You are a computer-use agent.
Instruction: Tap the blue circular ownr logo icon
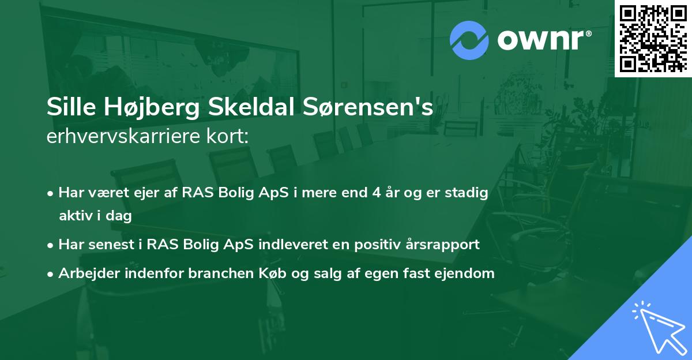469,40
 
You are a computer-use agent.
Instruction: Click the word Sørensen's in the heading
369,108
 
